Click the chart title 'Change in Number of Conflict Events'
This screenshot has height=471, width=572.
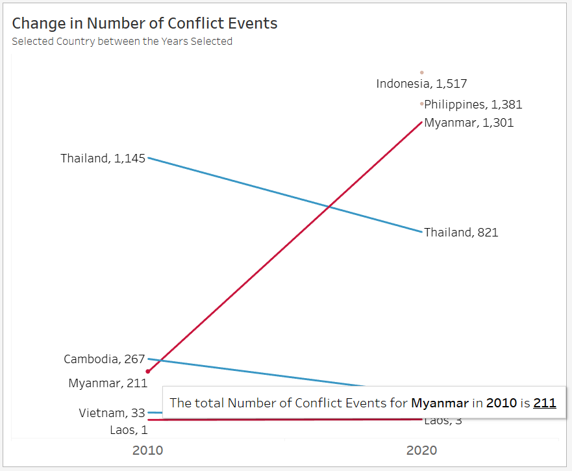click(145, 23)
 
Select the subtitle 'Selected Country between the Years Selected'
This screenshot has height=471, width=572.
click(122, 42)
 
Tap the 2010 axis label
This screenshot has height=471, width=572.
click(147, 450)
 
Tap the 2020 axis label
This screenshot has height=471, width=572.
click(421, 450)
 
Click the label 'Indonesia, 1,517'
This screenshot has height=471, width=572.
click(421, 84)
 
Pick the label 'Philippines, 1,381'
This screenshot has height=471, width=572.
click(473, 105)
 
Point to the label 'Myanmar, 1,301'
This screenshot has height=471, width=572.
click(469, 123)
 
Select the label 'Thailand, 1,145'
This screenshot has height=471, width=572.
click(103, 159)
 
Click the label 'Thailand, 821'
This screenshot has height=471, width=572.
click(461, 233)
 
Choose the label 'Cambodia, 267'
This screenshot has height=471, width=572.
click(105, 359)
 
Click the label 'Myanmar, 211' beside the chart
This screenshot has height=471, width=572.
click(108, 383)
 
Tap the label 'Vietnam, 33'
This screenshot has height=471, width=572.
click(112, 413)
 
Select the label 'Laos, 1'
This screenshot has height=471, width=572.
click(129, 430)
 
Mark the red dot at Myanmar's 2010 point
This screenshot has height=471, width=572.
click(148, 372)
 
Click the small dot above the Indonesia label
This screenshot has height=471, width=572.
click(421, 72)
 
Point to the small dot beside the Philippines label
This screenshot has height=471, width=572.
click(421, 103)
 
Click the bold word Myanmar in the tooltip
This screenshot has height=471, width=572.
click(440, 403)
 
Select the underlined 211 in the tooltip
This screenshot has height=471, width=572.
click(545, 403)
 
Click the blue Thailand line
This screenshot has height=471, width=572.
click(286, 194)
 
